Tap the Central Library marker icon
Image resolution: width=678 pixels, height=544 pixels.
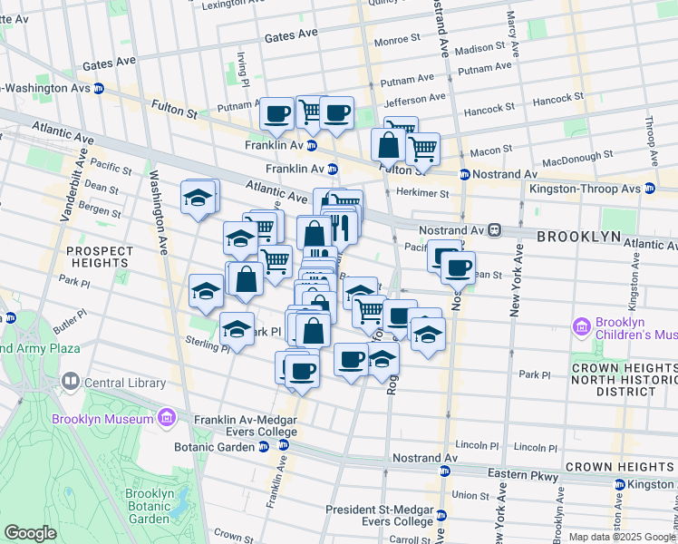(69, 383)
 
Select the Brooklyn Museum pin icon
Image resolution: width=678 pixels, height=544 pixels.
(166, 418)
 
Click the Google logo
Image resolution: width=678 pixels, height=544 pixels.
(30, 533)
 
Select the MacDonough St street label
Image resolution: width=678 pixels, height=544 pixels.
(569, 158)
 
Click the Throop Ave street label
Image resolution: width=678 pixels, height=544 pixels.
(651, 140)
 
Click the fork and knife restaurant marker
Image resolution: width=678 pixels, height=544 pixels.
(341, 227)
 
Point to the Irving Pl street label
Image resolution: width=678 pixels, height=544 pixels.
(242, 64)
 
